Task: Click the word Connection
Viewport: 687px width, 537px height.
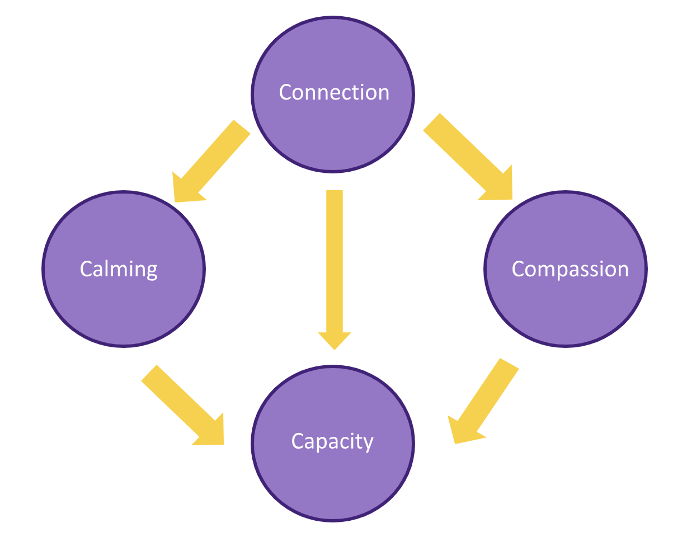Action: (x=334, y=92)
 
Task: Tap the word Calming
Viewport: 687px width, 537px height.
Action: (x=119, y=269)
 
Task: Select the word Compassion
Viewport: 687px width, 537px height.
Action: (x=570, y=269)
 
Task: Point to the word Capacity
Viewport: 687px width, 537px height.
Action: (x=332, y=441)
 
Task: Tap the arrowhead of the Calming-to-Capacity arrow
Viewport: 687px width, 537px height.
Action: (x=213, y=434)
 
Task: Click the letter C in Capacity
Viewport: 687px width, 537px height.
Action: (x=298, y=441)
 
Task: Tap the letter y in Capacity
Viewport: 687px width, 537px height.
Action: (x=368, y=445)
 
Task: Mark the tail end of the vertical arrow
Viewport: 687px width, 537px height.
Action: (x=334, y=194)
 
